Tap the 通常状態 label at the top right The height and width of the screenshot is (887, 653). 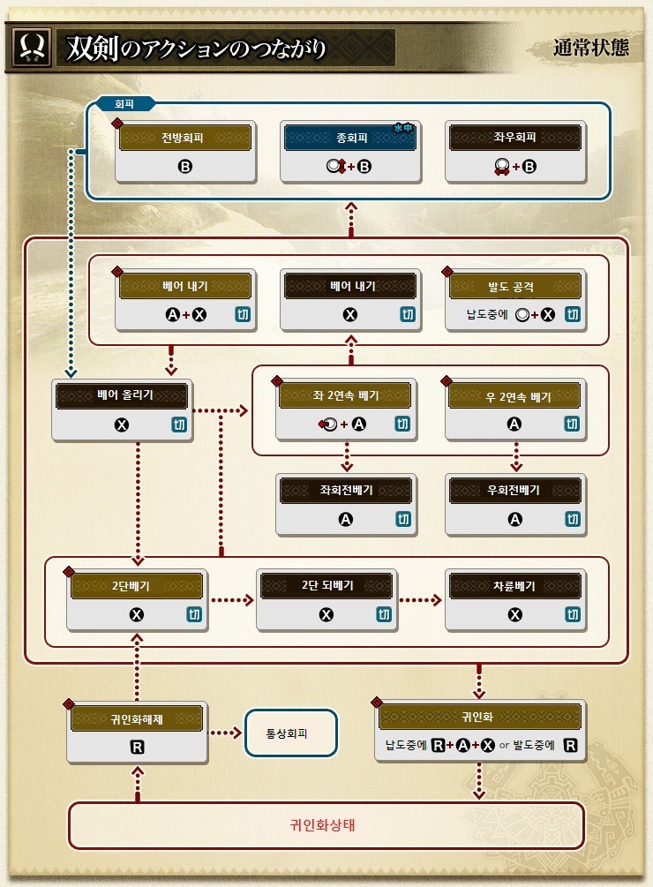591,48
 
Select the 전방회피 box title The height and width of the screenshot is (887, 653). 185,138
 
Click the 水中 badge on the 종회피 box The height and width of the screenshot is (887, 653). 403,129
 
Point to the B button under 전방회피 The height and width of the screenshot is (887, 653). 185,166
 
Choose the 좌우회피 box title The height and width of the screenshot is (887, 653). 514,138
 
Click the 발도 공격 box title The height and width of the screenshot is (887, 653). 515,286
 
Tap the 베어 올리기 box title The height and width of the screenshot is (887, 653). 122,395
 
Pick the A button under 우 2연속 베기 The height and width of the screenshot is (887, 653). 514,425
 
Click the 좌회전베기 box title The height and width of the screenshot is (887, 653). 346,490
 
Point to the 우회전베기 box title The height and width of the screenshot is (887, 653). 514,490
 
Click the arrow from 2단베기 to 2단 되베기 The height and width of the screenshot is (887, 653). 232,600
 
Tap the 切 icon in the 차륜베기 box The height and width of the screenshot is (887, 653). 572,615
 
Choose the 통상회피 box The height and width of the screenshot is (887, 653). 290,733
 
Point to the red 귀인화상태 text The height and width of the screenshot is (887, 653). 326,826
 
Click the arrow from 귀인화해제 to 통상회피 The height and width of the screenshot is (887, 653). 225,733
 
